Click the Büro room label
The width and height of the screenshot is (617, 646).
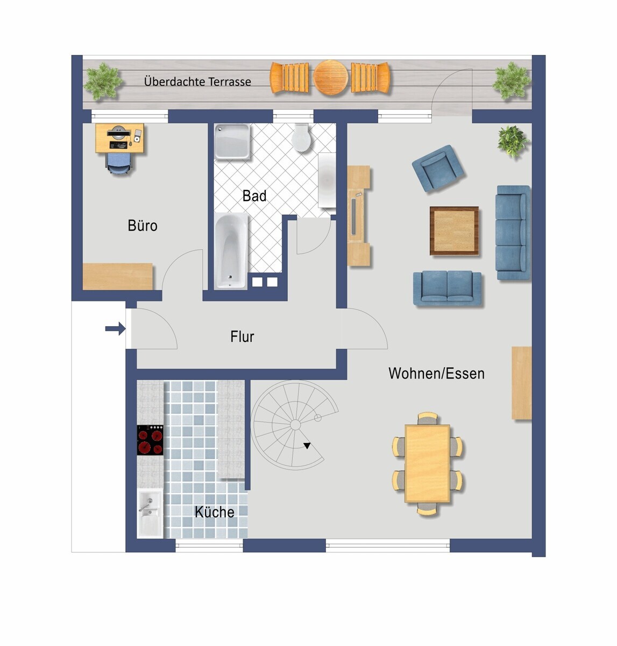pos(143,226)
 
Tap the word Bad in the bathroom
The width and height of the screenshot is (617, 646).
pos(254,195)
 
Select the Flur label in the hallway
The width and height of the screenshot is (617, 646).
pos(242,336)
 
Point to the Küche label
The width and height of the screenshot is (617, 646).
pos(214,511)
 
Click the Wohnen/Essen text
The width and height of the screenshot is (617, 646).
pos(437,374)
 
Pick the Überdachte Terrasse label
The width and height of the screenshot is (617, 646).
pos(197,81)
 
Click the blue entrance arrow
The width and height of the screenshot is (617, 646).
pos(116,329)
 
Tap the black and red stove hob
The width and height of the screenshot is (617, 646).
pos(150,440)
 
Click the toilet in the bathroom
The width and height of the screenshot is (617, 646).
pos(301,138)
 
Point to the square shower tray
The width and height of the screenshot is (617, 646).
pos(232,142)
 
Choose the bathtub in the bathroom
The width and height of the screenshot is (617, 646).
pos(231,251)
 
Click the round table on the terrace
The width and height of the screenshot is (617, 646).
pos(331,78)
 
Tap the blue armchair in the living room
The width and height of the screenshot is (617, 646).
pos(437,168)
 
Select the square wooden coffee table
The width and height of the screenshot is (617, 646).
pos(454,231)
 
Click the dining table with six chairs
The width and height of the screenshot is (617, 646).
pos(427,464)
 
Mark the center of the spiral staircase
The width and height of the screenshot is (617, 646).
pos(295,425)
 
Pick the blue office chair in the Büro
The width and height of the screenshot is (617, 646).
pos(119,163)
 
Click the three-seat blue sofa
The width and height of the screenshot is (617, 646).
pos(513,233)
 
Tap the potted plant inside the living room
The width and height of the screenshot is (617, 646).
pos(513,141)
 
